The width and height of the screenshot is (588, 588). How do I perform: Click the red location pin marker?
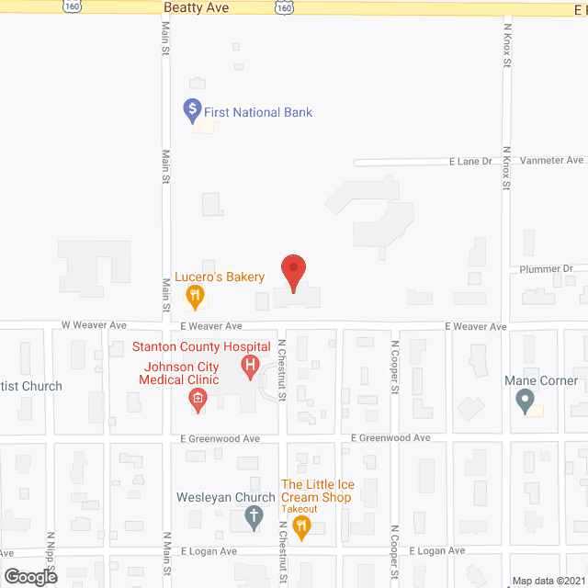point(293,272)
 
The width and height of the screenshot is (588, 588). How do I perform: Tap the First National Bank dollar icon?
point(193,112)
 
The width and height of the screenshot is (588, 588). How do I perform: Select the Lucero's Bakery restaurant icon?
point(195,296)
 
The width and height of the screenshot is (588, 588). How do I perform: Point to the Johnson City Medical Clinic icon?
point(197,398)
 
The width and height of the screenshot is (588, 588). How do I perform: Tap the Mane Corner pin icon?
point(525,401)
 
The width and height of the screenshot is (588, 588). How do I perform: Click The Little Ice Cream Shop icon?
point(301,525)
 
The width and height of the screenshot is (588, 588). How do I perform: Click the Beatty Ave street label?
point(195,7)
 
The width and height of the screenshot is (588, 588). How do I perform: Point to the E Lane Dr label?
point(470,162)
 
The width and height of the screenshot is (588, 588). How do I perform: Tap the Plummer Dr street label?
point(546,269)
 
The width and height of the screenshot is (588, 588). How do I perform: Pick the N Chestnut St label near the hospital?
point(282,371)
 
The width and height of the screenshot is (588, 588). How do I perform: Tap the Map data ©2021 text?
point(548,581)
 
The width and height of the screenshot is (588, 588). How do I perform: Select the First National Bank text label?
point(259,113)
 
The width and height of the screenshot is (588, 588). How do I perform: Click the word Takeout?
point(300,509)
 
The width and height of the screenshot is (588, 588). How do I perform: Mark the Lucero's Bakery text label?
point(220,277)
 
